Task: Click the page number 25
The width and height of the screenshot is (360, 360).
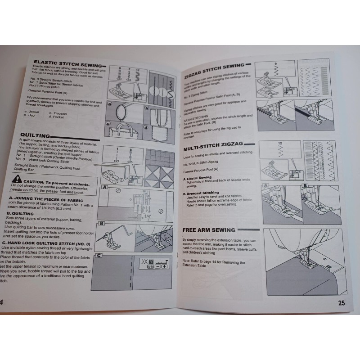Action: point(342,303)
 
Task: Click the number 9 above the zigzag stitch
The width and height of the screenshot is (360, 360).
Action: point(274,63)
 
